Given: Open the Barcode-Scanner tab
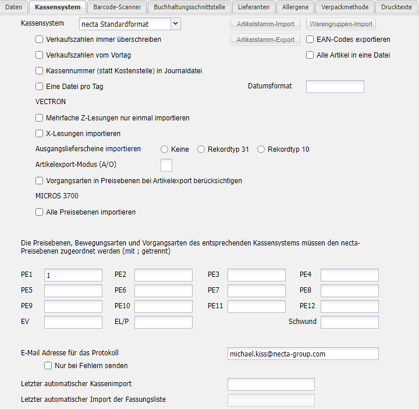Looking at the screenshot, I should [x=116, y=7].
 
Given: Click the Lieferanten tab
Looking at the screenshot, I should [x=253, y=7].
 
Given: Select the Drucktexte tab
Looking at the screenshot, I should [x=397, y=7].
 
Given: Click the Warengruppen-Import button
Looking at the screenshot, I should [x=341, y=24].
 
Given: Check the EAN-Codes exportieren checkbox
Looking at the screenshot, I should [x=310, y=40].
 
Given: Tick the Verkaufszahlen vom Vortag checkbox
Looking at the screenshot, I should [x=40, y=55].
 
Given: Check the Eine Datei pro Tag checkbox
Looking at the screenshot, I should [x=40, y=87].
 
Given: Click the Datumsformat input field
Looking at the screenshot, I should [x=335, y=87].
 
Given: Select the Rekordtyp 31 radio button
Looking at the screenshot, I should [x=201, y=149].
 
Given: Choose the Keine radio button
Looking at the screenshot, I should [x=165, y=149].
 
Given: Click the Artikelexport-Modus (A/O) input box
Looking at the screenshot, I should [x=166, y=165].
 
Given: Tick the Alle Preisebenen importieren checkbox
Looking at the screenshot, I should [x=40, y=212].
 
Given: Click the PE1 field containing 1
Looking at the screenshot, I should [x=73, y=275].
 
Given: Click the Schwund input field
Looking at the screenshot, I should [x=349, y=322].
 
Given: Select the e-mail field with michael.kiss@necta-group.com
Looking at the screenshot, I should [x=303, y=354].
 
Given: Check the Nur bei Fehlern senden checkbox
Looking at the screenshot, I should [x=48, y=366].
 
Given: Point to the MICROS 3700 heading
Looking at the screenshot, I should [x=57, y=196].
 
